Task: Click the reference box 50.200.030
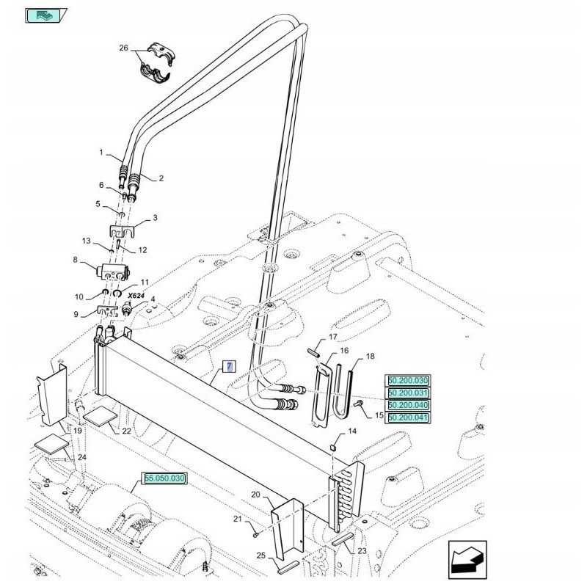click(408, 380)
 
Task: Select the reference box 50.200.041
click(408, 418)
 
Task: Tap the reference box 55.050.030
click(165, 478)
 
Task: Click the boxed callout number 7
click(228, 366)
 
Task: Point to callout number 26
click(123, 48)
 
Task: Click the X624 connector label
click(136, 295)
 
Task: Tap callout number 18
click(370, 356)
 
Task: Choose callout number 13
click(86, 241)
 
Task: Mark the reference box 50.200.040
click(408, 405)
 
